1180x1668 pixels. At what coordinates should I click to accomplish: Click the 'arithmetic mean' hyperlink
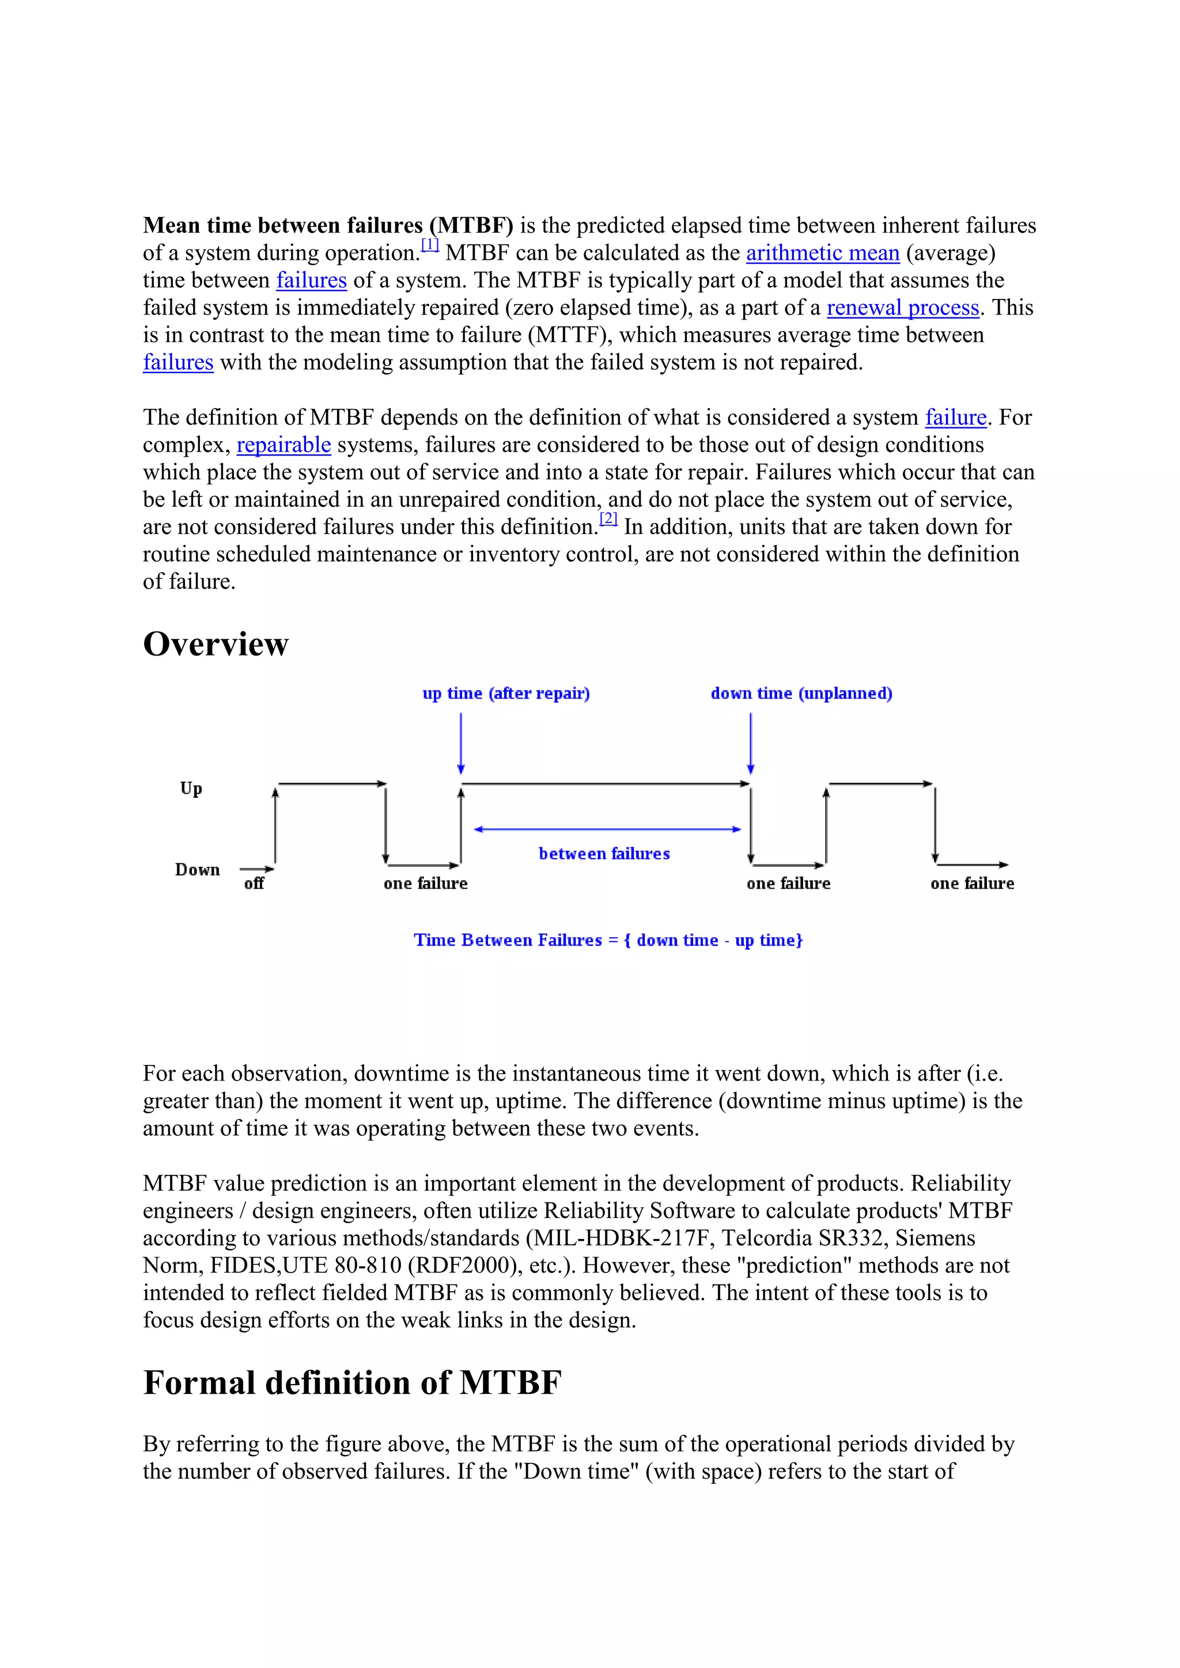pos(823,253)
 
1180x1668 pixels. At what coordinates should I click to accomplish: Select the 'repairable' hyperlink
pos(283,445)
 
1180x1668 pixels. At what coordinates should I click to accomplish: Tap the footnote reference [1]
pos(430,245)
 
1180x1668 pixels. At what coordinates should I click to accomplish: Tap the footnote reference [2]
pos(608,519)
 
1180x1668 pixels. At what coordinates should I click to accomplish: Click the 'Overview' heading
pos(216,645)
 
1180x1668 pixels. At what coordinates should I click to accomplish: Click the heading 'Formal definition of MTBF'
pos(353,1382)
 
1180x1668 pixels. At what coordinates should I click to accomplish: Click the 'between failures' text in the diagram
pos(604,854)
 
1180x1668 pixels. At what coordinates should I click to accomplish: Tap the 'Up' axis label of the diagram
pos(191,788)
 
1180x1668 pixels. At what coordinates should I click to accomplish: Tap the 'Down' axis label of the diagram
pos(197,870)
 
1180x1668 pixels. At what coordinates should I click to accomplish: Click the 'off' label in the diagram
pos(254,884)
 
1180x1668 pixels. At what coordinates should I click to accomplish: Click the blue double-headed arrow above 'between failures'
pos(607,829)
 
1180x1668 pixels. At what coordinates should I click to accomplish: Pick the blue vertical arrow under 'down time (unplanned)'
pos(751,742)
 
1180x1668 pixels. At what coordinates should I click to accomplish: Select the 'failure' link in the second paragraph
pos(955,418)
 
